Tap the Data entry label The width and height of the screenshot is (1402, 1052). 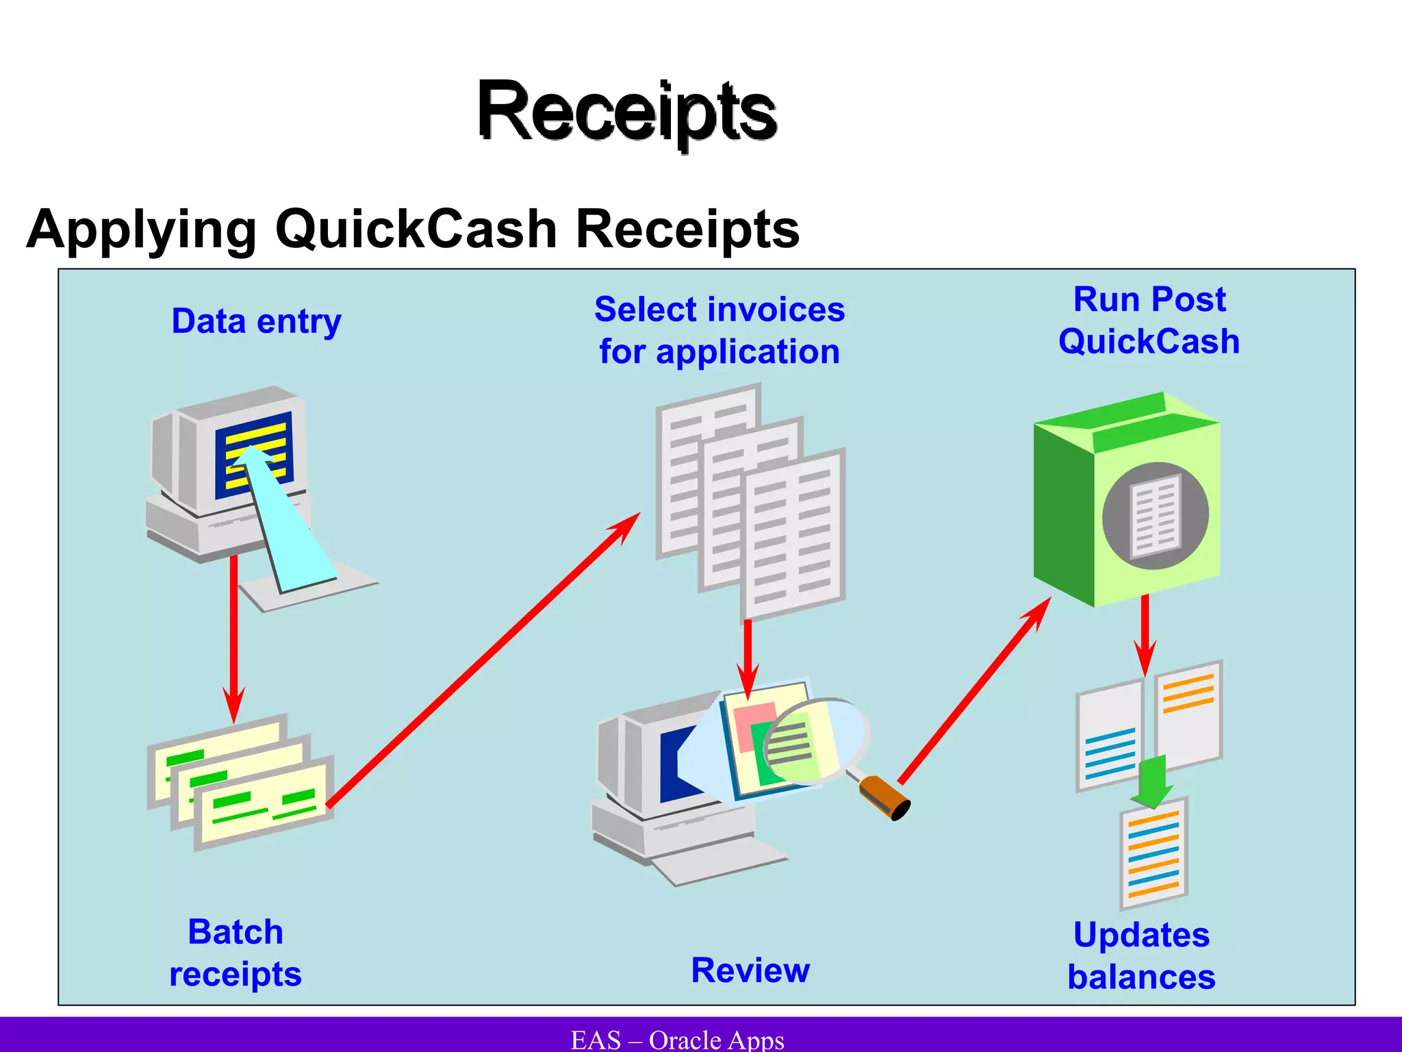tap(256, 321)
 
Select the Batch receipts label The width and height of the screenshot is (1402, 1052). tap(235, 953)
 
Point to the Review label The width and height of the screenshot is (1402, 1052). tap(750, 970)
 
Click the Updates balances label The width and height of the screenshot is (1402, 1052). tap(1141, 955)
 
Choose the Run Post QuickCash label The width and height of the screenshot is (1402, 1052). tap(1149, 321)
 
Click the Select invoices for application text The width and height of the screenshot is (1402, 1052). tap(719, 330)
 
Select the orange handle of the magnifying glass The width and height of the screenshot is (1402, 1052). tap(883, 796)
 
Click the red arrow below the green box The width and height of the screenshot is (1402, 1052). tap(1145, 634)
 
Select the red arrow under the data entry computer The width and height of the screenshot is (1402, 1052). tap(233, 637)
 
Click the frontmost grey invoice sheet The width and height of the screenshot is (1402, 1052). tap(794, 534)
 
